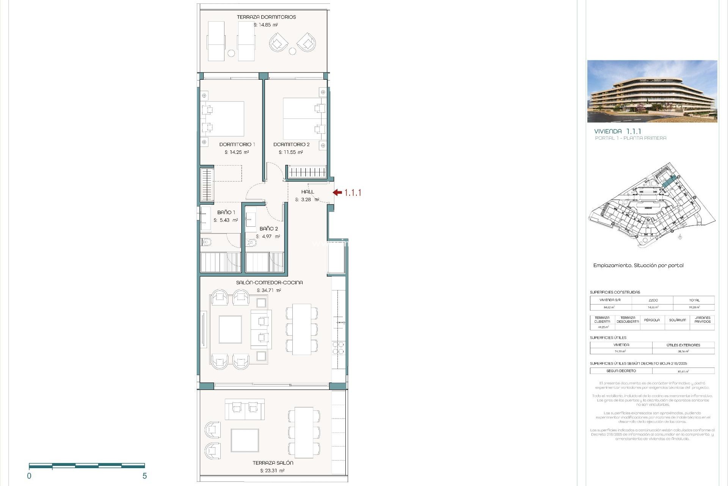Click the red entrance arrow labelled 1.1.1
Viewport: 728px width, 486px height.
pyautogui.click(x=337, y=193)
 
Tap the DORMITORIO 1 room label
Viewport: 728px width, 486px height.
pyautogui.click(x=237, y=144)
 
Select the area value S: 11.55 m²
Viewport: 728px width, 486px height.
pyautogui.click(x=290, y=152)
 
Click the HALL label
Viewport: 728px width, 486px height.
pyautogui.click(x=308, y=192)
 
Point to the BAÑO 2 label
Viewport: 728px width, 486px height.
pyautogui.click(x=268, y=229)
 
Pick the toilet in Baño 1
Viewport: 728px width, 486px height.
pyautogui.click(x=206, y=241)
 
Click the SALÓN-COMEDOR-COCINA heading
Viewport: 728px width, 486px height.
pyautogui.click(x=269, y=282)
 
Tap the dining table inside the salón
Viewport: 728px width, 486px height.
pyautogui.click(x=301, y=329)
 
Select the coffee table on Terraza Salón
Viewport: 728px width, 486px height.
pyautogui.click(x=245, y=440)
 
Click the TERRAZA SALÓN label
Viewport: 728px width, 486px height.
pyautogui.click(x=273, y=463)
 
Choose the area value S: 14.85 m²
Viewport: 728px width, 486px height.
pyautogui.click(x=265, y=25)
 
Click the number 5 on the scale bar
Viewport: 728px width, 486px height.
pyautogui.click(x=144, y=476)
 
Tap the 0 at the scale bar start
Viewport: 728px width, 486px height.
pyautogui.click(x=29, y=476)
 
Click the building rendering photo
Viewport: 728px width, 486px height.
pyautogui.click(x=652, y=91)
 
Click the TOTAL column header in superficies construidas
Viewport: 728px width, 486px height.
pyautogui.click(x=694, y=300)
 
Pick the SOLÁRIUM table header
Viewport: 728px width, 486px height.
pyautogui.click(x=677, y=320)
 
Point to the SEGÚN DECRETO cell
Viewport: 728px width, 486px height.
pyautogui.click(x=621, y=371)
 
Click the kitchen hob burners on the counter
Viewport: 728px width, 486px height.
pyautogui.click(x=338, y=348)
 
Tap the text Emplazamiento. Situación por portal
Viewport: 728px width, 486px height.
pyautogui.click(x=638, y=265)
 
